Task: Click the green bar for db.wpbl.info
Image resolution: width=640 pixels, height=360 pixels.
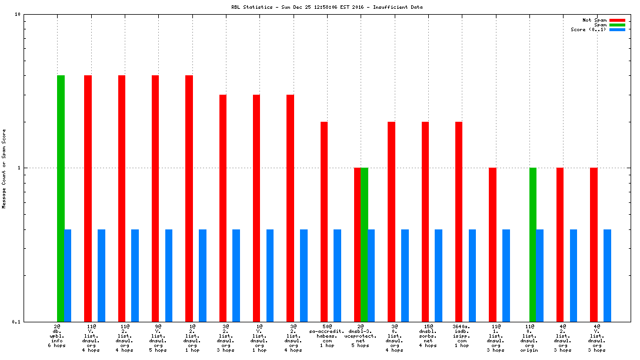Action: [61, 198]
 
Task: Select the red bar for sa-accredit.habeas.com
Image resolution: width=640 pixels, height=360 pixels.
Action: [324, 221]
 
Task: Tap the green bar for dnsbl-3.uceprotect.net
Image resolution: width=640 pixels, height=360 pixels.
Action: [364, 244]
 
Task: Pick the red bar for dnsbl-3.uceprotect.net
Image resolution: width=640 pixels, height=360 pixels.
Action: [357, 244]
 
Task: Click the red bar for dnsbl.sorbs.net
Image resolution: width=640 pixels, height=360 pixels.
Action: [425, 221]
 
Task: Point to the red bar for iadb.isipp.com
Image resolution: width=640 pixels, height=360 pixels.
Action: [459, 221]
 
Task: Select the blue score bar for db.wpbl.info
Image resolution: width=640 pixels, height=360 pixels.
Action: [68, 275]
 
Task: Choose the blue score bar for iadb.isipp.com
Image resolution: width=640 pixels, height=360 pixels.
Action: [472, 275]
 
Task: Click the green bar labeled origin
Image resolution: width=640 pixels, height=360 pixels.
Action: [533, 244]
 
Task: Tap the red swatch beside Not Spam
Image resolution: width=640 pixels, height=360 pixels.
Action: [617, 20]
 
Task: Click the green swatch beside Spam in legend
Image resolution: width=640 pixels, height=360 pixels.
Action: [617, 25]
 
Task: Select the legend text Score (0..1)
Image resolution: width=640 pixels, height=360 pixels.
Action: [588, 29]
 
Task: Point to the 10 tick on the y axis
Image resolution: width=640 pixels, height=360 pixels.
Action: [18, 14]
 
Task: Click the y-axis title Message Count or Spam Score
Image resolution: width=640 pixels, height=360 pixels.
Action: [4, 168]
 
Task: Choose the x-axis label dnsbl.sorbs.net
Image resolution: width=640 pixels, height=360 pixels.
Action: [428, 335]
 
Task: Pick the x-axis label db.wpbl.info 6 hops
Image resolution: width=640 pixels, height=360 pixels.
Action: [57, 335]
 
